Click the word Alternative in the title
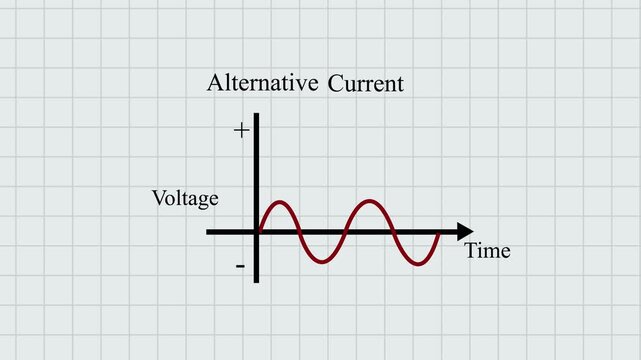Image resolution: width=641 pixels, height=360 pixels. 263,83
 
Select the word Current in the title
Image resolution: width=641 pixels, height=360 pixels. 366,83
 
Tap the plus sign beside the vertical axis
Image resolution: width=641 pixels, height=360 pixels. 241,130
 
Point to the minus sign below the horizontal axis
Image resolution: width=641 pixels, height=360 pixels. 241,266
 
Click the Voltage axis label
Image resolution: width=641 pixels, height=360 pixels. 185,198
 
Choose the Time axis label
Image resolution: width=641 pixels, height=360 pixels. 488,251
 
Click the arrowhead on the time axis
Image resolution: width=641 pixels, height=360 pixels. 465,232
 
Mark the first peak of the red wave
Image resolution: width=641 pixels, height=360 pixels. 279,202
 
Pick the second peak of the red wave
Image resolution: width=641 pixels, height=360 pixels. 371,202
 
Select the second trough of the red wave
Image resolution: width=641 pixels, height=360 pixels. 417,264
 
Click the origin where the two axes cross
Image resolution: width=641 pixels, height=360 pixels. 257,232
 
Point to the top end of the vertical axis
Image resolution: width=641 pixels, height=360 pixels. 257,115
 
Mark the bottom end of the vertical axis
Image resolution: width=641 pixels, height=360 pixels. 257,281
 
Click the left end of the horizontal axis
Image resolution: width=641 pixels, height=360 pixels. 208,232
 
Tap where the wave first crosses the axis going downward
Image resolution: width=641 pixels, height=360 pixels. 302,232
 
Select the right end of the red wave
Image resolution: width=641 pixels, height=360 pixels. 439,233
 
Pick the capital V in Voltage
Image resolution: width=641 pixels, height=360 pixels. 158,198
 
